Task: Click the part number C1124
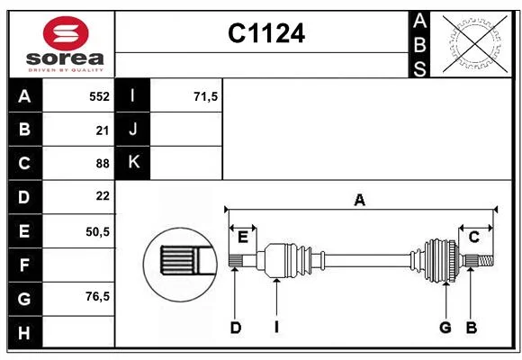tap(266, 33)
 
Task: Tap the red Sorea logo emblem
tap(66, 33)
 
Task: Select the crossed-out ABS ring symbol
tap(475, 43)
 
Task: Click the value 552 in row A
tap(99, 96)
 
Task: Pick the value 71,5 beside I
tap(205, 96)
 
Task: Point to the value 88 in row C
tap(103, 164)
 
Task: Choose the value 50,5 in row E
tap(97, 231)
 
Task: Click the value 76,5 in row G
tap(97, 296)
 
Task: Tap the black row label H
tap(25, 332)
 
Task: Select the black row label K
tap(133, 163)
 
